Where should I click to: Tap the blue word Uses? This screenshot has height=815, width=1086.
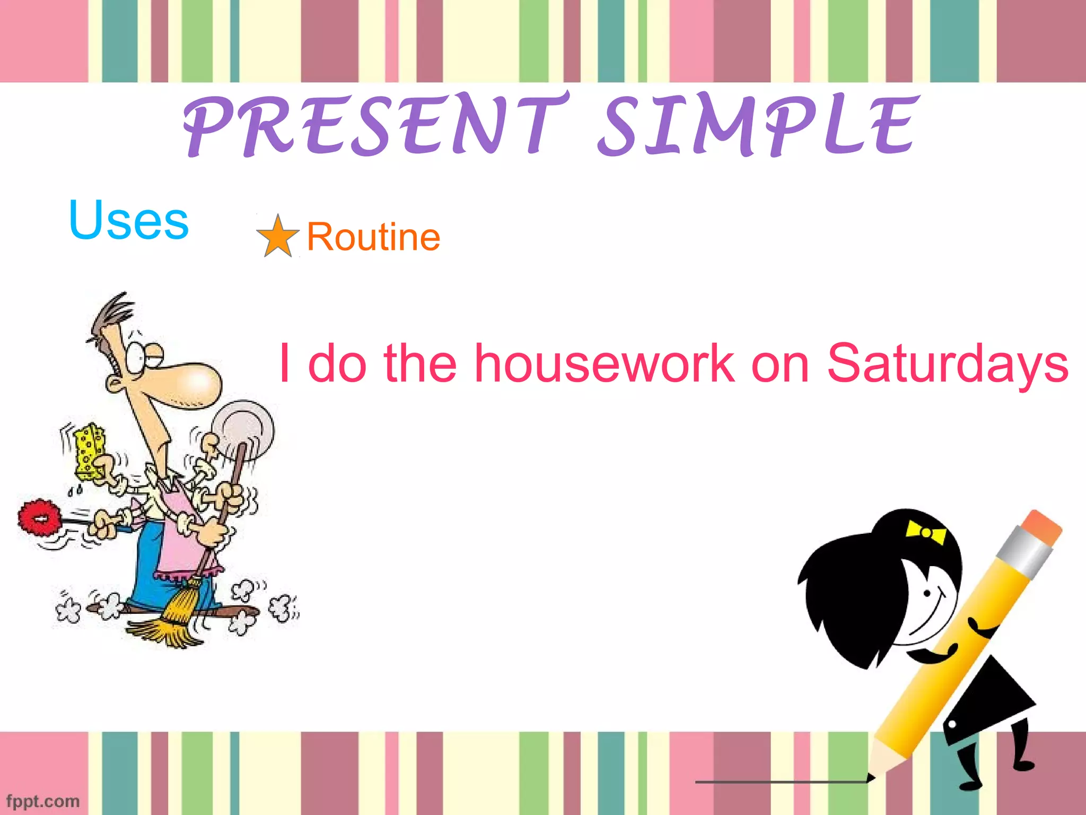(x=129, y=220)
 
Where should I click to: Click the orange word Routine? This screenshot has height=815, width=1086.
(x=373, y=237)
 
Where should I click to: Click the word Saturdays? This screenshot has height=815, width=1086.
(x=948, y=365)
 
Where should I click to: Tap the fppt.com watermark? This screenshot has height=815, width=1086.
(x=42, y=801)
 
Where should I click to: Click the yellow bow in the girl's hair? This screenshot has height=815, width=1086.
(x=926, y=532)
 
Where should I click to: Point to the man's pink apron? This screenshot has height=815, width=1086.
(x=180, y=536)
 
